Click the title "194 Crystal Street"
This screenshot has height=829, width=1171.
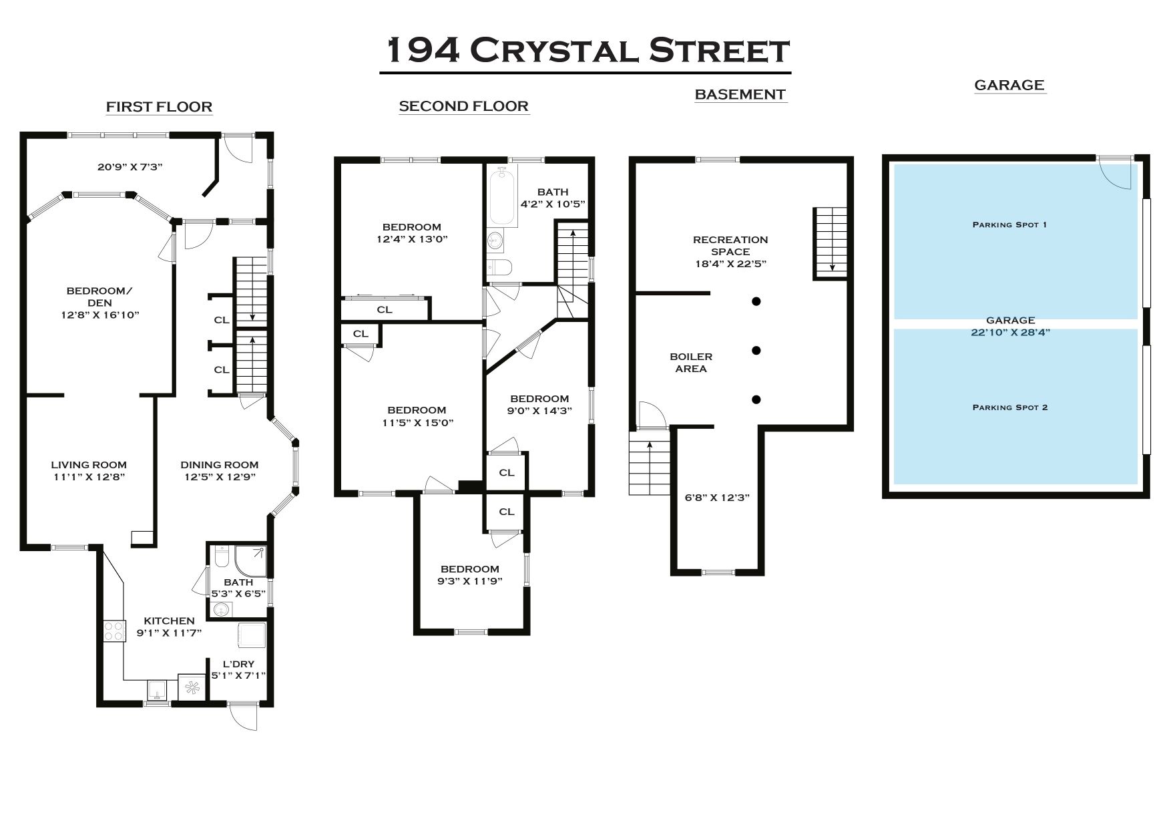point(588,51)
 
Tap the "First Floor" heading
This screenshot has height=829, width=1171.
point(159,107)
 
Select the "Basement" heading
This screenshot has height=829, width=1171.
point(740,95)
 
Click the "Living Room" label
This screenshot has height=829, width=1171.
point(88,465)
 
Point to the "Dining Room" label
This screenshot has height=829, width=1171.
point(219,465)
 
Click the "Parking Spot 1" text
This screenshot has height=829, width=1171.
point(1009,224)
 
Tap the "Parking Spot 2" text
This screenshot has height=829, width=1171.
point(1009,407)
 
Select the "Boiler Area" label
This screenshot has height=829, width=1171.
point(691,363)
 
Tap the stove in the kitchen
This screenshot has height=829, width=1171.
point(114,631)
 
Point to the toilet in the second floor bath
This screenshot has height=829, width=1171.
point(499,267)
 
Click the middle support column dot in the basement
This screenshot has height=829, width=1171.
point(756,351)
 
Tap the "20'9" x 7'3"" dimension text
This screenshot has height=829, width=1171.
point(130,167)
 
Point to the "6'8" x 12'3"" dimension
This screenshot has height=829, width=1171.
point(718,498)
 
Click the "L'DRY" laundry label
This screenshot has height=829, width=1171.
point(238,664)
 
